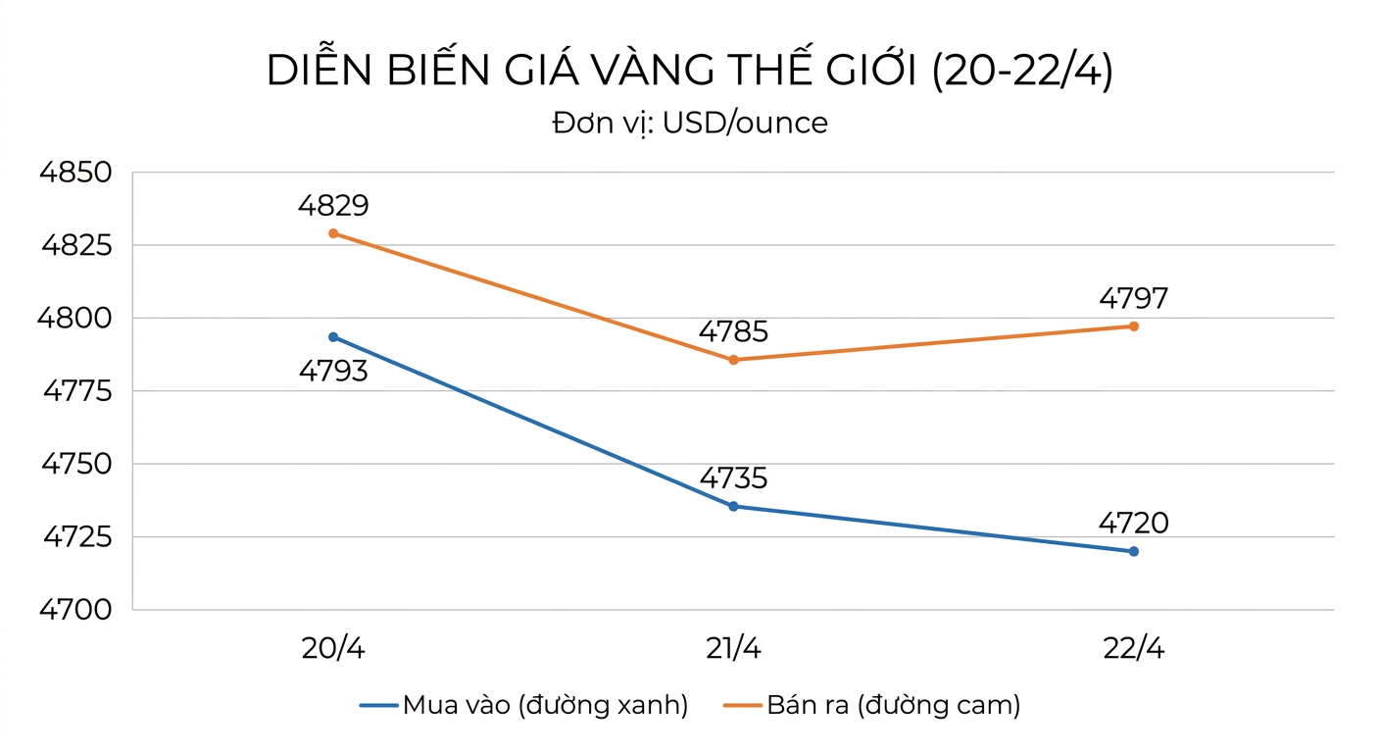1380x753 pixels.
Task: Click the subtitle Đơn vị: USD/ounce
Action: coord(689,124)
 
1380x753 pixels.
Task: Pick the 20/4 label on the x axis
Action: coord(333,648)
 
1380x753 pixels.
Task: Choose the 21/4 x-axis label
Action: coord(733,648)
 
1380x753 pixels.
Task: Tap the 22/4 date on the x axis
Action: coord(1133,648)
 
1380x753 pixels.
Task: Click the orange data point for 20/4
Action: coord(333,233)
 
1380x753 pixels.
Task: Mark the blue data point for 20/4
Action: coord(333,337)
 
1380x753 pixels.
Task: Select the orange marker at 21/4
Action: coord(733,360)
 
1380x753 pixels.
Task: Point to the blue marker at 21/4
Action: coord(733,506)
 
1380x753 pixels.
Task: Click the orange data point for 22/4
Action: coord(1134,326)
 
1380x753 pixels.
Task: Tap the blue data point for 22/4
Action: coord(1134,551)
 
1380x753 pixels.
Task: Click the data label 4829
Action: coord(333,206)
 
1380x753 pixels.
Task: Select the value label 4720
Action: coord(1134,524)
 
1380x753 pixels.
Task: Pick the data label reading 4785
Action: coord(733,332)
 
